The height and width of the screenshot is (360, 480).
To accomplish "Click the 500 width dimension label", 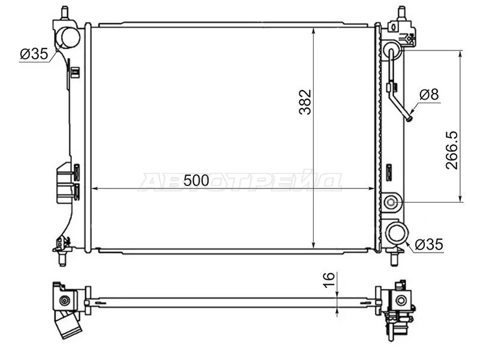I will [x=196, y=180].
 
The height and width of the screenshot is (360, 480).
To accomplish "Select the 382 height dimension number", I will [x=305, y=103].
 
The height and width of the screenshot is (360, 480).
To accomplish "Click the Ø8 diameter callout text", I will [x=429, y=94].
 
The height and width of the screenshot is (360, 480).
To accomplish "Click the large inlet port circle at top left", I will [x=68, y=37].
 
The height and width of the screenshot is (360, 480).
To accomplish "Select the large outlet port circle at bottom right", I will [x=397, y=233].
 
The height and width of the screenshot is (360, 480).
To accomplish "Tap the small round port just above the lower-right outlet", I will [x=392, y=203].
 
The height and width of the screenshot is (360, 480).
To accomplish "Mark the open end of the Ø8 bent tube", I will [x=409, y=118].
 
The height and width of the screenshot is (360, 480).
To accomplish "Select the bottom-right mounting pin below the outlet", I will [x=394, y=258].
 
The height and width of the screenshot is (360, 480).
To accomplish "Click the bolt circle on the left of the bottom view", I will [x=65, y=300].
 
